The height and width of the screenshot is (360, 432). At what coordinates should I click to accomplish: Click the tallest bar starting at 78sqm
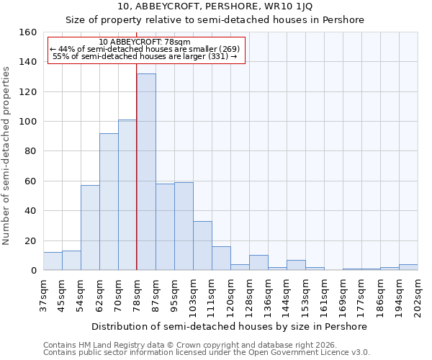[x=146, y=173]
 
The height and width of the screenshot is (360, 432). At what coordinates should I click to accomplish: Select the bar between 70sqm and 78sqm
[x=127, y=195]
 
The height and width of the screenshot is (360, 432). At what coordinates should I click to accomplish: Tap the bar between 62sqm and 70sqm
[x=109, y=202]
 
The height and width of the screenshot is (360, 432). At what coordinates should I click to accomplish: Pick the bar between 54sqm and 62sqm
[x=90, y=228]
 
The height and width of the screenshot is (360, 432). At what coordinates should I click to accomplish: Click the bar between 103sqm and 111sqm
[x=202, y=246]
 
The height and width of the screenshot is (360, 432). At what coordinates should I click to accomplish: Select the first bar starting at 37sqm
[x=53, y=261]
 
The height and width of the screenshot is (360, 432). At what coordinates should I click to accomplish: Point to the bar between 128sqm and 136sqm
[x=258, y=263]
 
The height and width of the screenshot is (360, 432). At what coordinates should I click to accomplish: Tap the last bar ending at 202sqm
[x=408, y=267]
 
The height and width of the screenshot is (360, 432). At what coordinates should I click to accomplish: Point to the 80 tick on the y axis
[x=30, y=151]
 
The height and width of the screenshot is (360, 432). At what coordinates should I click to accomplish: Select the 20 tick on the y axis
[x=30, y=240]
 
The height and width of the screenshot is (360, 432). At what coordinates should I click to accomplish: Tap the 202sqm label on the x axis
[x=417, y=296]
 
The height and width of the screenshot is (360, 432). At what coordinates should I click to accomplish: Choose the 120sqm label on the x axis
[x=230, y=296]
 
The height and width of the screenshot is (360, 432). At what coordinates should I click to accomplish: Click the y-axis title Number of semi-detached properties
[x=6, y=152]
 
